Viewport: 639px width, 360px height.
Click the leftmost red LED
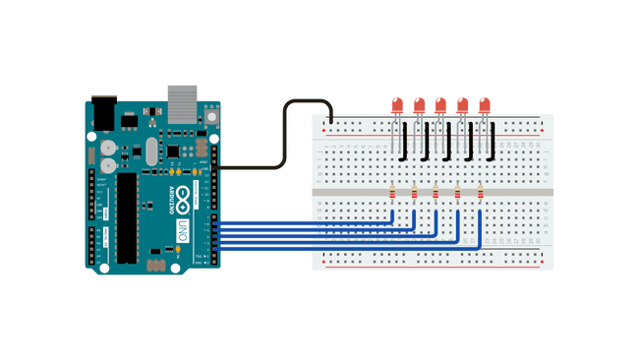pos(397,105)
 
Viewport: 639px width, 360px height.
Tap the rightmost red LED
pos(484,105)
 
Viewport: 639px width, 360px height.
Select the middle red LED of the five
pos(440,105)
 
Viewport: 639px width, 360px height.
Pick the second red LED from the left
pos(419,105)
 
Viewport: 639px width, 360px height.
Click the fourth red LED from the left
pos(462,105)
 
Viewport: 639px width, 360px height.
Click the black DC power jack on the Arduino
pos(104,110)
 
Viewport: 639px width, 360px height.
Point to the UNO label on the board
pos(182,232)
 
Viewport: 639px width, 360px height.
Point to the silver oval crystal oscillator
pos(150,150)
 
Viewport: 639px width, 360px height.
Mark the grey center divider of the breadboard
pos(433,192)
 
